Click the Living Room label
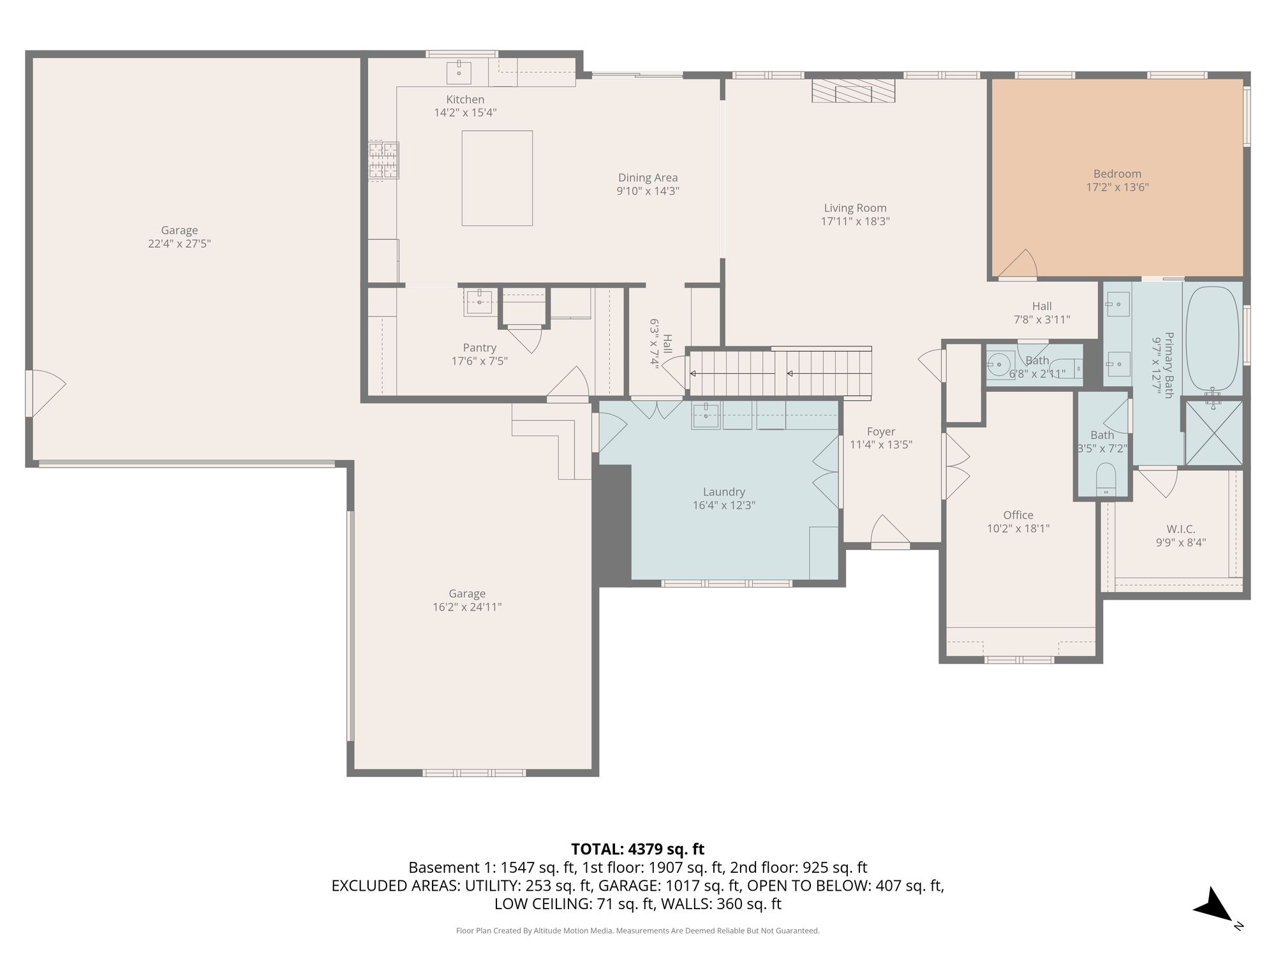(855, 208)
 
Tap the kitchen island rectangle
(497, 178)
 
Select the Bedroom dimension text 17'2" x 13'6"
(1117, 188)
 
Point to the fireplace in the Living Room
(854, 91)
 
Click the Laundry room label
(723, 492)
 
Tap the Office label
(1018, 515)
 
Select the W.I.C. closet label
(1181, 529)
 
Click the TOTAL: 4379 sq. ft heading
(637, 849)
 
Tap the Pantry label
(480, 348)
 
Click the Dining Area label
(648, 178)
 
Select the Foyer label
(881, 432)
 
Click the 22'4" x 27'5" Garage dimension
(179, 244)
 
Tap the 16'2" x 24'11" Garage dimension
(467, 607)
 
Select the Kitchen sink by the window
(459, 72)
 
